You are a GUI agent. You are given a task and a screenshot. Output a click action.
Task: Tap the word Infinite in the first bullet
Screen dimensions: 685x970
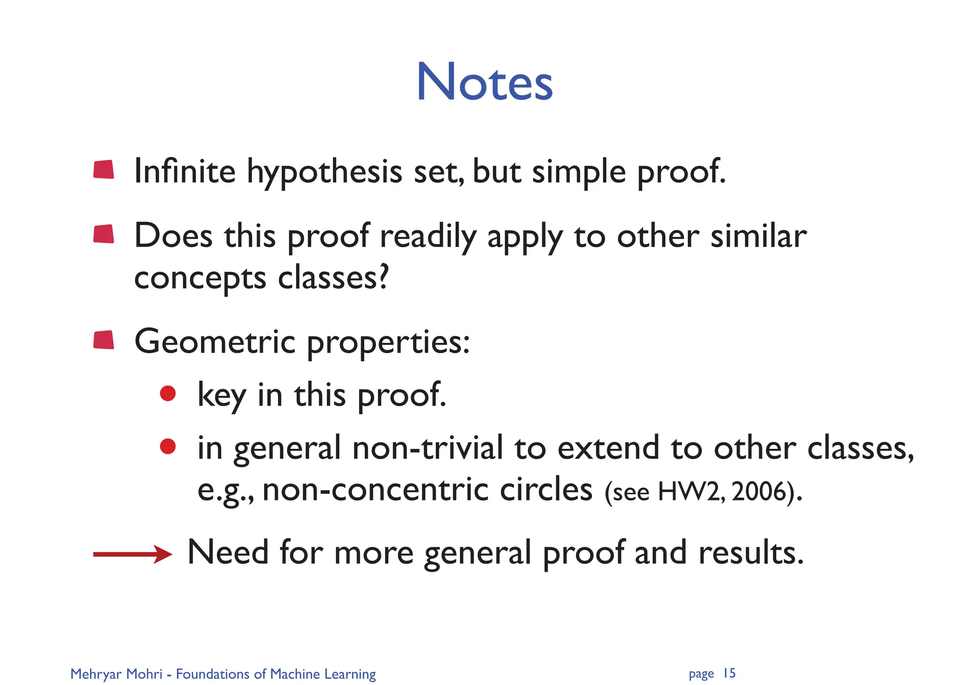[185, 171]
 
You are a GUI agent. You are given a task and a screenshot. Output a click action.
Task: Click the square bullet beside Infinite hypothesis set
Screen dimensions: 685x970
[104, 169]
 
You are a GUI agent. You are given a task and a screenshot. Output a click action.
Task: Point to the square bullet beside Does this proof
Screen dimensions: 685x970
[104, 234]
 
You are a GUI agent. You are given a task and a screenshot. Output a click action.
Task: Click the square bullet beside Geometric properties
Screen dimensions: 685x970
[104, 340]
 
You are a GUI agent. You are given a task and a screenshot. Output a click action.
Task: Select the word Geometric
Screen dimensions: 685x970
[215, 342]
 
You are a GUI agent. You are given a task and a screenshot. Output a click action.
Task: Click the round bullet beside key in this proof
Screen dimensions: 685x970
[168, 393]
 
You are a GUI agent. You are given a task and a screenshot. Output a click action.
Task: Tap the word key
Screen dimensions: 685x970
[221, 395]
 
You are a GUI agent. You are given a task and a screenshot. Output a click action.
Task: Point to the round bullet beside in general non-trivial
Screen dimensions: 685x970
[168, 446]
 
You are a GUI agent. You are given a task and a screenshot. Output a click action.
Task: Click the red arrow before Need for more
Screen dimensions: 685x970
[132, 554]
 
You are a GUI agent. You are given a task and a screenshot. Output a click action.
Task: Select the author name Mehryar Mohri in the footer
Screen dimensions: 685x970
[116, 674]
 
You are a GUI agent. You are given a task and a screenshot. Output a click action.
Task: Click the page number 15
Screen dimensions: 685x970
[729, 673]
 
